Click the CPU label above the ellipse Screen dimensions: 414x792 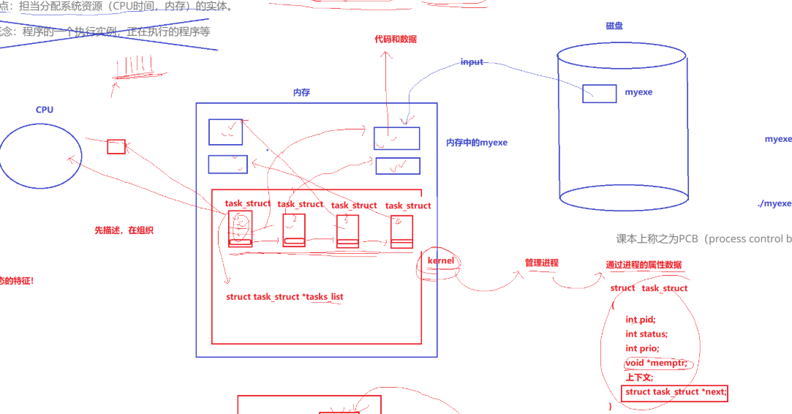pos(45,110)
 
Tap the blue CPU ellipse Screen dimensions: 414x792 pos(40,155)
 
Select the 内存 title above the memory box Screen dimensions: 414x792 pos(301,93)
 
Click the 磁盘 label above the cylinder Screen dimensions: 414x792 pos(614,26)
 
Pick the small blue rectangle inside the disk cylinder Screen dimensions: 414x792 pos(599,94)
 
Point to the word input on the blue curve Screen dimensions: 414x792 pos(472,62)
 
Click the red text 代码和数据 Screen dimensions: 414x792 pos(396,39)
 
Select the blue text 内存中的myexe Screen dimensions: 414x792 pos(476,143)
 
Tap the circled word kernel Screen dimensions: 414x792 pos(440,261)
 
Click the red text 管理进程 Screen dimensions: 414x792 pos(541,263)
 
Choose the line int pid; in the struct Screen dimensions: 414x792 pos(640,320)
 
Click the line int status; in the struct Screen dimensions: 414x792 pos(646,334)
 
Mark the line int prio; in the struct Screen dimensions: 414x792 pos(642,349)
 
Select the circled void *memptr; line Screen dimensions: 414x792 pos(657,364)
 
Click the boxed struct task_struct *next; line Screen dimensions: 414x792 pos(676,392)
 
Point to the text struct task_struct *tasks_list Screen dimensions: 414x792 pos(284,297)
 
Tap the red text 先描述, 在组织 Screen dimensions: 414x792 pos(124,230)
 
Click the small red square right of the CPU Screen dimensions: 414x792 pos(116,147)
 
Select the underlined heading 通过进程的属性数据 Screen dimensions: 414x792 pos(644,265)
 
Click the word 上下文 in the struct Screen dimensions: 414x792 pos(639,377)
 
